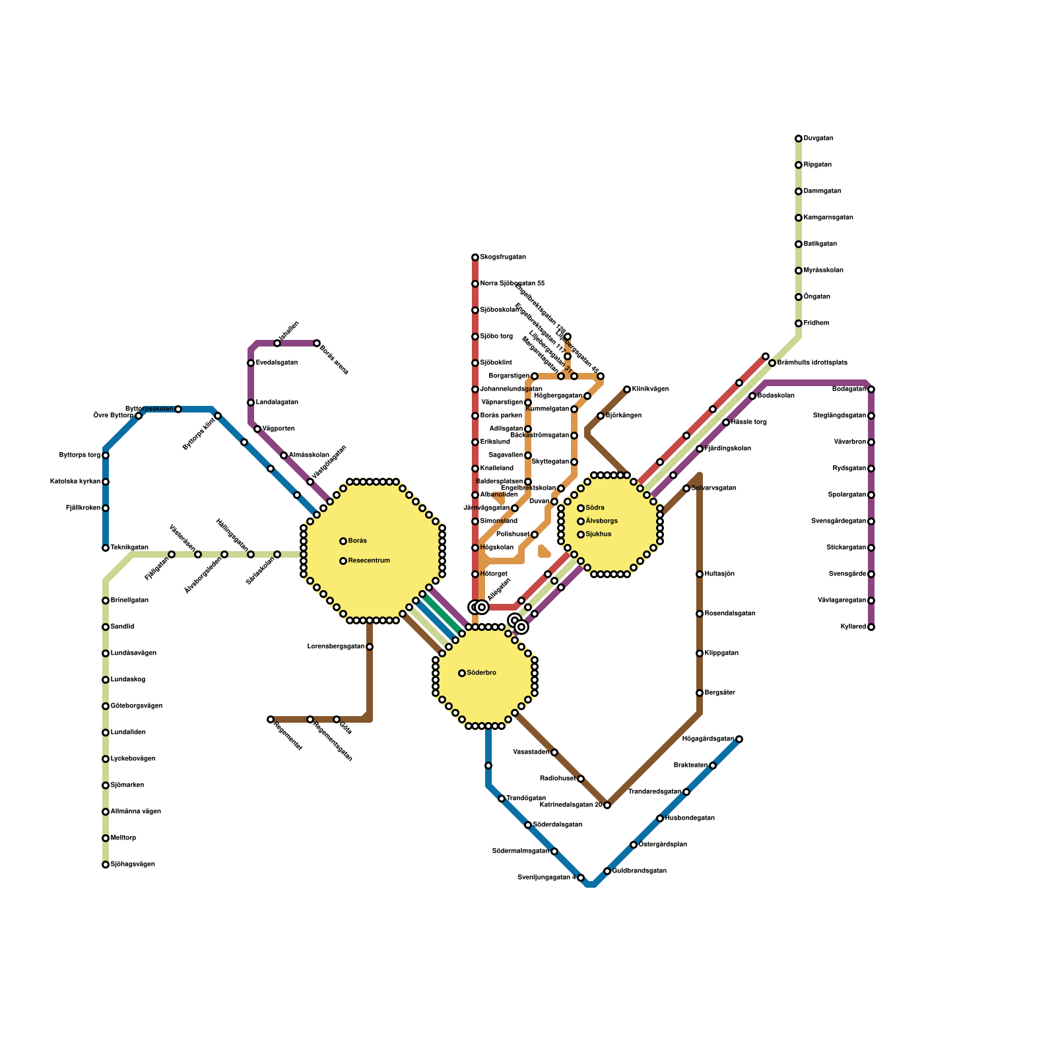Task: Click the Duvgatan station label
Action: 818,139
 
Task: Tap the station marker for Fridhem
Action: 799,323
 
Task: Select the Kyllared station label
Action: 853,627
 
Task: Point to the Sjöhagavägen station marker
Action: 106,865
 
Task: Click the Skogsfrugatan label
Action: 503,257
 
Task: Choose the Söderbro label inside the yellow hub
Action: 481,673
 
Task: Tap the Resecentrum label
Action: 369,561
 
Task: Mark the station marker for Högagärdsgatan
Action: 739,739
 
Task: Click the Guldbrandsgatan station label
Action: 639,871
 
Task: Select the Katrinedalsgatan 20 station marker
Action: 607,805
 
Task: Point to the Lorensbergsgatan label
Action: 336,647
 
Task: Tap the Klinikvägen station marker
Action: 627,389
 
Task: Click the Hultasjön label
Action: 719,574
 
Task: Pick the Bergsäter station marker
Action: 700,693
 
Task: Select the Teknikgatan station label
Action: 129,548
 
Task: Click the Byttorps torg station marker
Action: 106,455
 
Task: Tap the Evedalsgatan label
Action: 277,363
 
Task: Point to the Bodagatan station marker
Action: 871,389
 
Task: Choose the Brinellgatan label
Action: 129,601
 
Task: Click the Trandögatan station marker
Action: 502,799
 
